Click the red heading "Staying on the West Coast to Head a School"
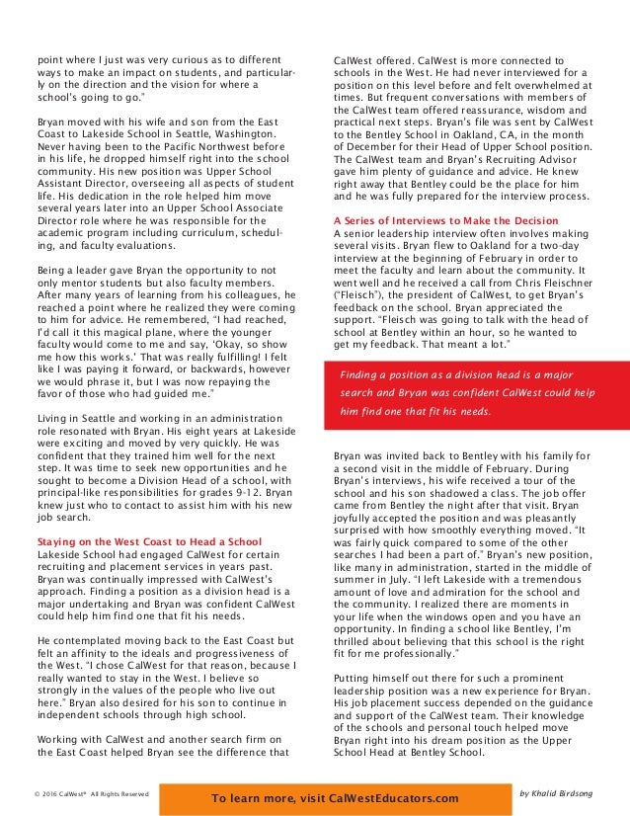tap(148, 541)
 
